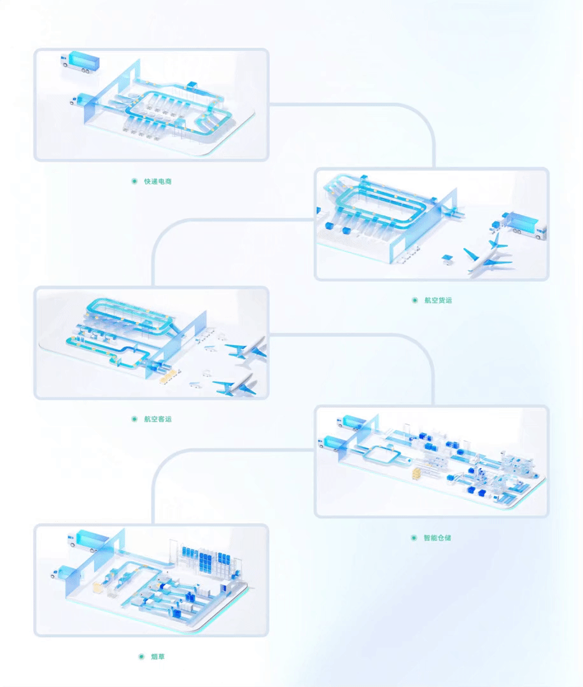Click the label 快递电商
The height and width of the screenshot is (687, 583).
click(x=158, y=181)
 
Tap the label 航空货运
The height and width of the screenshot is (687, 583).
click(x=438, y=300)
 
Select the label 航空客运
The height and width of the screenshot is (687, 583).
click(x=158, y=419)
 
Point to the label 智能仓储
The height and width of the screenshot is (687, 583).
click(x=437, y=538)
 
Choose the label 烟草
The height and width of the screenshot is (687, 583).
click(x=158, y=656)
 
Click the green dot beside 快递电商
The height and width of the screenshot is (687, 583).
click(x=134, y=181)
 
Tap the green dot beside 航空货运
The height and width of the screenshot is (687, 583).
click(x=415, y=300)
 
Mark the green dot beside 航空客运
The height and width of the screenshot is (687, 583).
click(x=134, y=419)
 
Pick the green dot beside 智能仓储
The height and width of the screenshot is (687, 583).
click(x=414, y=538)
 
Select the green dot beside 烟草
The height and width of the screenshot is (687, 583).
click(x=141, y=656)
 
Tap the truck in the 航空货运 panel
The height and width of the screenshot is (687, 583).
click(x=522, y=225)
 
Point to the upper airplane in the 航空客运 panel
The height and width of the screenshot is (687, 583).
click(x=246, y=349)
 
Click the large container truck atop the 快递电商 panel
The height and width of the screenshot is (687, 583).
click(x=80, y=61)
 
